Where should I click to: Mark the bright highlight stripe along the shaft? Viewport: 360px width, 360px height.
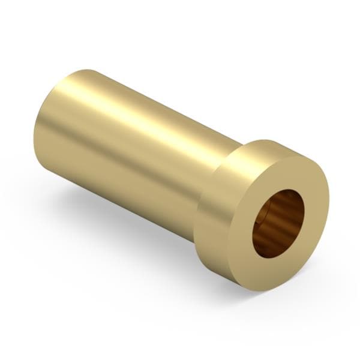tap(150, 114)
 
